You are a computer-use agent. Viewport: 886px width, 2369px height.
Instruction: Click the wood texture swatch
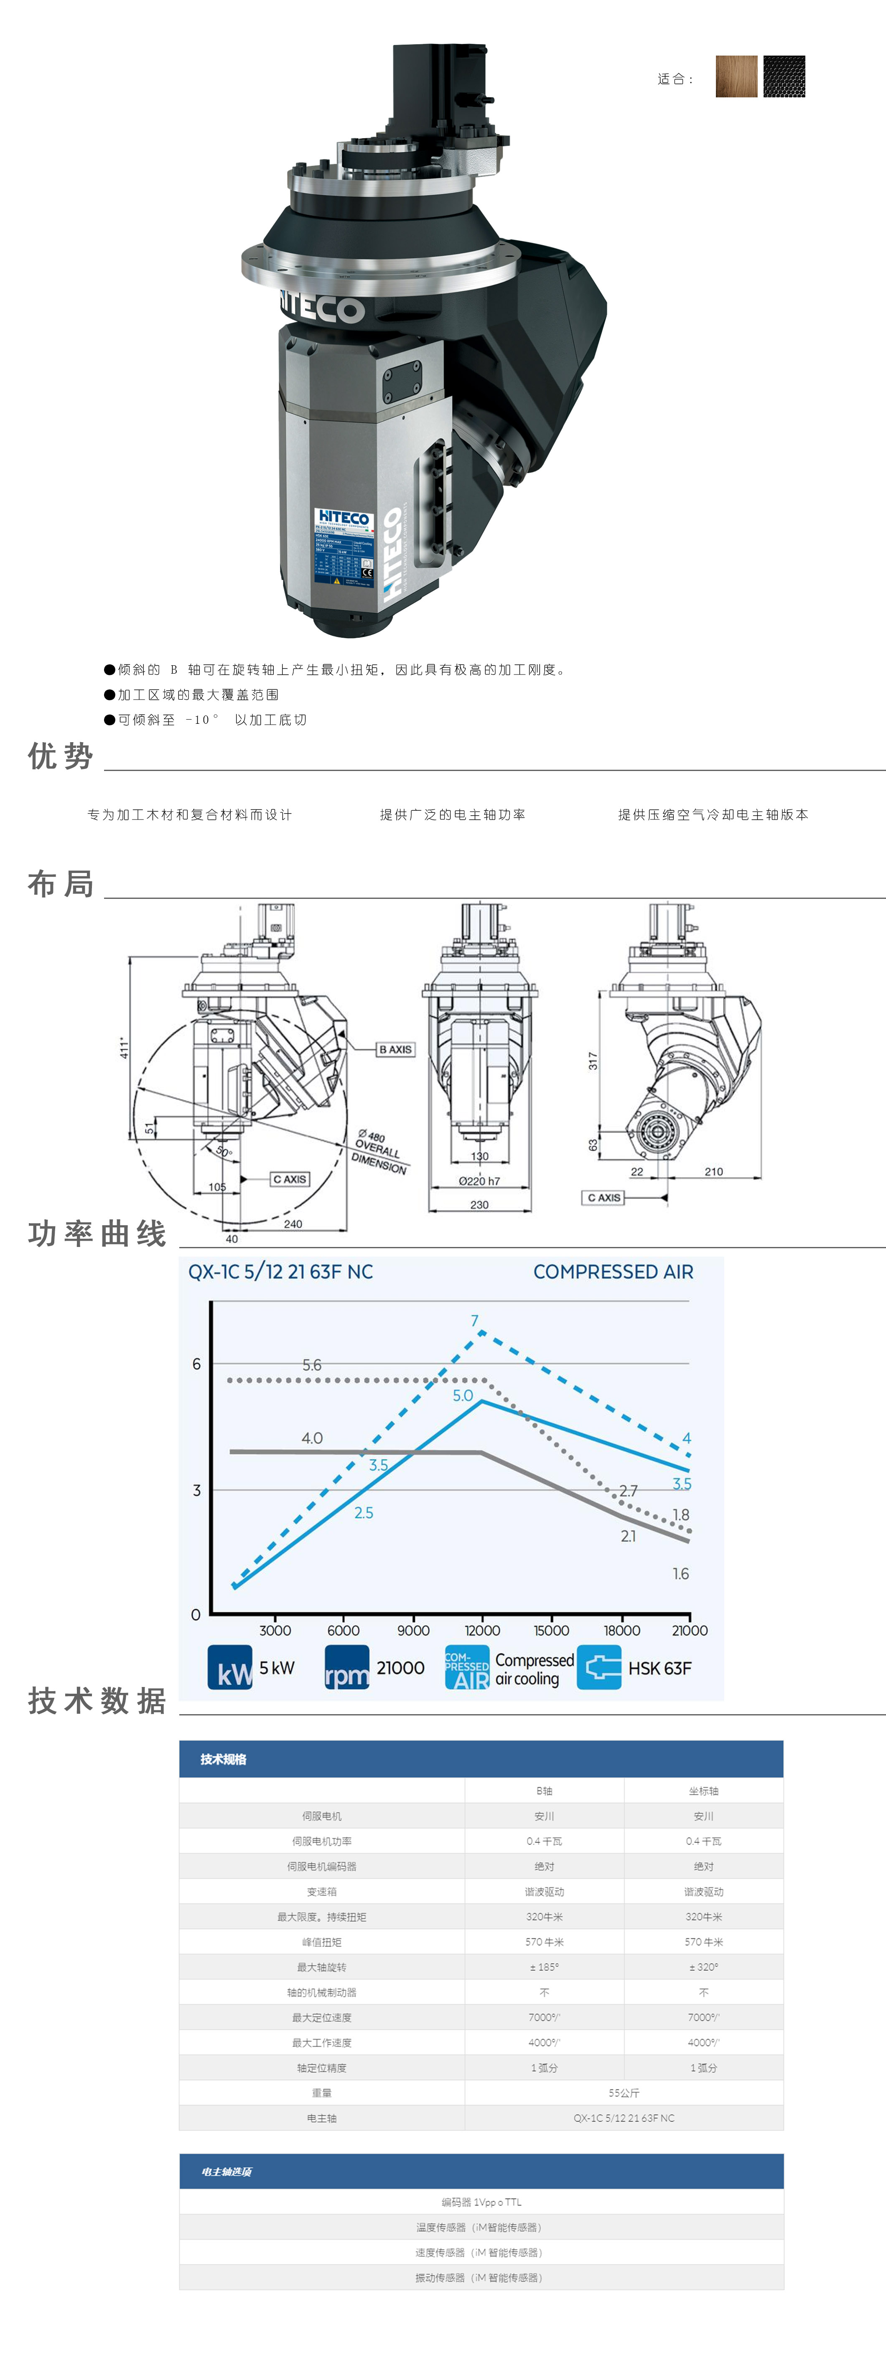736,76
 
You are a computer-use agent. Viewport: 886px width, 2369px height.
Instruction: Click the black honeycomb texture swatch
784,76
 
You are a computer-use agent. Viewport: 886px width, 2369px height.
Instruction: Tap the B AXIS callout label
396,1049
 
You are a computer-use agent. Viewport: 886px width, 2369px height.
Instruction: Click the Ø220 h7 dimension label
479,1181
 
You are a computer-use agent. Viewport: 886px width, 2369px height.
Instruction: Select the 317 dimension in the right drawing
593,1060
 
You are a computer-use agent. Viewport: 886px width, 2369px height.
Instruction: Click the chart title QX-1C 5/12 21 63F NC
280,1272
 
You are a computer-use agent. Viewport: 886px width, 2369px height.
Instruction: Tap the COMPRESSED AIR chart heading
613,1272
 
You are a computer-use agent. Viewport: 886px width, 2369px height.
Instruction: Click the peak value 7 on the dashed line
475,1321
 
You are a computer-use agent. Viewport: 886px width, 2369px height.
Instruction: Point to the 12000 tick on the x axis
482,1631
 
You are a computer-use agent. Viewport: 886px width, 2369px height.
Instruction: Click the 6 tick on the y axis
196,1364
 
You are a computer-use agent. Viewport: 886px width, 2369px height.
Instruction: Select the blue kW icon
230,1667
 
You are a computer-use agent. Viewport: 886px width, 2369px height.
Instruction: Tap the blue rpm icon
347,1667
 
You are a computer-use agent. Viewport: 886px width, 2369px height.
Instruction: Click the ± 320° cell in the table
704,1967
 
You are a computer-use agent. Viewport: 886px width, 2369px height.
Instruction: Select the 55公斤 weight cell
624,2093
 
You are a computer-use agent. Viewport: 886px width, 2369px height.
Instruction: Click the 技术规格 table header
224,1759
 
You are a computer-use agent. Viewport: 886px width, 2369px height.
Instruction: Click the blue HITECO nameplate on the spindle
343,547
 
